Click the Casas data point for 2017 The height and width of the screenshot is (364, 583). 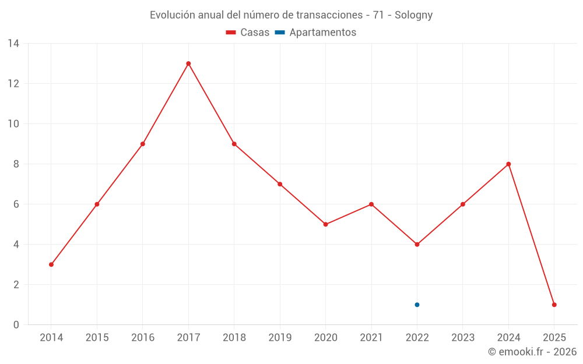[188, 63]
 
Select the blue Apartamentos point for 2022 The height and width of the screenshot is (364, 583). [417, 305]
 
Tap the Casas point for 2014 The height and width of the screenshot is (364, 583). [51, 264]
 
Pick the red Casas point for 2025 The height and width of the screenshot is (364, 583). [554, 305]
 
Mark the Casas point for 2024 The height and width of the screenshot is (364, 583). [508, 164]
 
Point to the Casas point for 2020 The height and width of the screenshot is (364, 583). [325, 224]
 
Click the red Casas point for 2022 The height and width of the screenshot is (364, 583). [417, 245]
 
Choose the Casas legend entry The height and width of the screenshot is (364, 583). [248, 33]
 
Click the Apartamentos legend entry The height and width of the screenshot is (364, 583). [315, 33]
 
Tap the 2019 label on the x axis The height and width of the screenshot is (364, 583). [280, 337]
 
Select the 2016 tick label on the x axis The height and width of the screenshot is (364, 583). [143, 337]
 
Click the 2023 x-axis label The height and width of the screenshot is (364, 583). [463, 337]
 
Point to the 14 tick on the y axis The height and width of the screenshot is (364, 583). [13, 44]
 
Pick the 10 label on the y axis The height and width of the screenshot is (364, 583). [13, 124]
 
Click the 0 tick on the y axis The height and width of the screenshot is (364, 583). [16, 325]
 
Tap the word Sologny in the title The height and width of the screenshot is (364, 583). [413, 15]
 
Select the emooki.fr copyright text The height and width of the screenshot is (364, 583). [532, 352]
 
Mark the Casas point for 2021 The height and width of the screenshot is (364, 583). [371, 204]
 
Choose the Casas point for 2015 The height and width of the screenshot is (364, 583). [97, 204]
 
